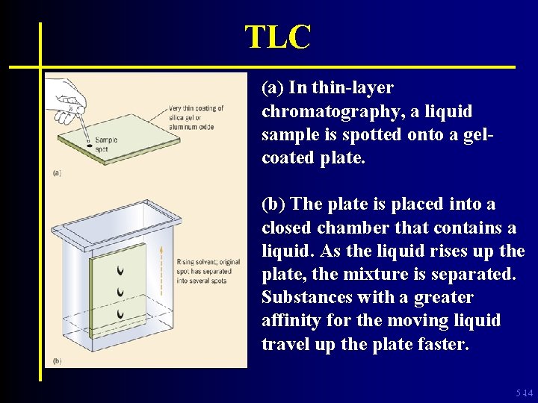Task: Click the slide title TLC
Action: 277,37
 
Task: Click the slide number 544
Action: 525,393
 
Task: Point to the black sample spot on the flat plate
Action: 90,146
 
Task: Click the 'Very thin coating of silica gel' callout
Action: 197,117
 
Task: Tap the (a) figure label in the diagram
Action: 57,172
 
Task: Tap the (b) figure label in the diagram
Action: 58,361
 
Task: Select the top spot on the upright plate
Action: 120,269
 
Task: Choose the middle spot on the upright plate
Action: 120,291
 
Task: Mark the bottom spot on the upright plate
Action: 120,313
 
